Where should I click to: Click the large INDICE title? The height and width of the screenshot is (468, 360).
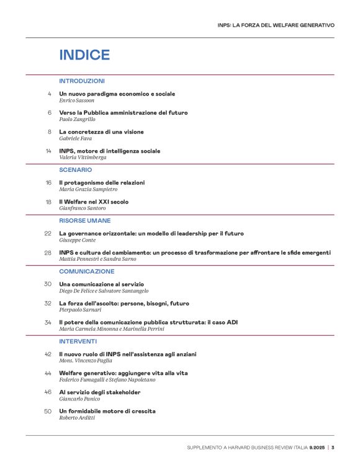coord(84,55)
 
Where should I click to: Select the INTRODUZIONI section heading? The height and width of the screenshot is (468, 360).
coord(82,81)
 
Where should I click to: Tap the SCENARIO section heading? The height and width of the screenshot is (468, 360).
coord(76,169)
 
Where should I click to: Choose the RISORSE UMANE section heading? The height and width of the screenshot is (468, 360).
coord(85,220)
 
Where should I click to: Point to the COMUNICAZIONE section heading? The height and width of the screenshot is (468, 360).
coord(87,271)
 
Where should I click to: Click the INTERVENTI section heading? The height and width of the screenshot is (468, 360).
coord(78,341)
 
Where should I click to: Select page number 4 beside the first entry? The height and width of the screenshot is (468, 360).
coord(50,94)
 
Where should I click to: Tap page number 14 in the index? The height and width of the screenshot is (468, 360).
coord(48,151)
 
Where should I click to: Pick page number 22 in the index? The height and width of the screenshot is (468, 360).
coord(48,233)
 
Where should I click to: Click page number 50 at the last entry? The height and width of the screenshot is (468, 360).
coord(48,411)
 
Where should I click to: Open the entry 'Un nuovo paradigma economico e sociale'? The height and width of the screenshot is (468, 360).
coord(117,94)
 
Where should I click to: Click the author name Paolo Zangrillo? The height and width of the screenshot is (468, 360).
coord(78,119)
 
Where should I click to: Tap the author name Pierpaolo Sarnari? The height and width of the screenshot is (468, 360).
coord(81,310)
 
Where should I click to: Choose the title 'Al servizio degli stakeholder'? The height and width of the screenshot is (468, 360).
coord(100,392)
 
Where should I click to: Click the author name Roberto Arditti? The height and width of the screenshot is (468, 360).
coord(79,418)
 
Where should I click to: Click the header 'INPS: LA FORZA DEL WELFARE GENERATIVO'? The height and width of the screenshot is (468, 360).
coord(276,25)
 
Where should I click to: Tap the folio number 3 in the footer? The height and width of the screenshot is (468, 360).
coord(333,448)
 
